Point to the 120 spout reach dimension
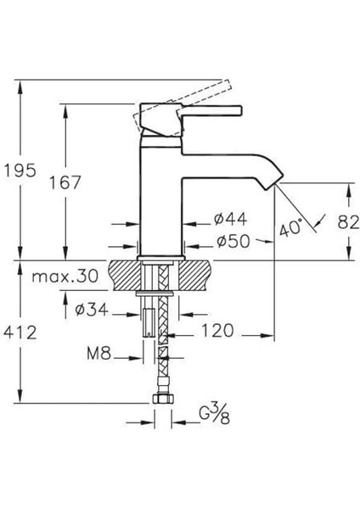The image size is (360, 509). click(x=216, y=332)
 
